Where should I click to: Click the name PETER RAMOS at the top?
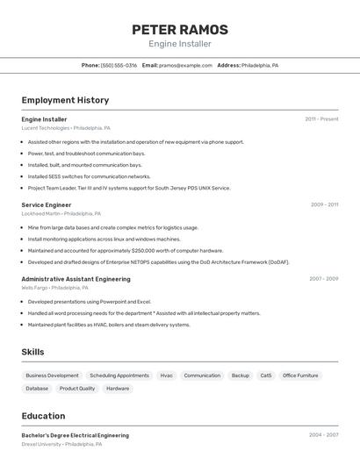coord(180,29)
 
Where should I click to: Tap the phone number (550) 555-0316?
coord(119,65)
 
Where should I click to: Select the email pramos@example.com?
coord(186,65)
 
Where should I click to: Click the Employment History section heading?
coord(65,100)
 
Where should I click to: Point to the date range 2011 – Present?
coord(321,119)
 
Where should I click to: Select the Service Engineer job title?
coord(47,204)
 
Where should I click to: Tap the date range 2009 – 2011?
coord(324,204)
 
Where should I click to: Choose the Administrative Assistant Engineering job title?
coord(76,279)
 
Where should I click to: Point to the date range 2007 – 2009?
coord(323,279)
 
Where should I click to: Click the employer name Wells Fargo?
coord(35,288)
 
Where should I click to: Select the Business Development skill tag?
coord(52,376)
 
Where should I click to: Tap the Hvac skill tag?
coord(166,376)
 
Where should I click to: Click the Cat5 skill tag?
coord(265,376)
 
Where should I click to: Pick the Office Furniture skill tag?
coord(300,376)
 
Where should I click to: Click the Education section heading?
coord(43,416)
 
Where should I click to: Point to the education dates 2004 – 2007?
coord(323,434)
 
